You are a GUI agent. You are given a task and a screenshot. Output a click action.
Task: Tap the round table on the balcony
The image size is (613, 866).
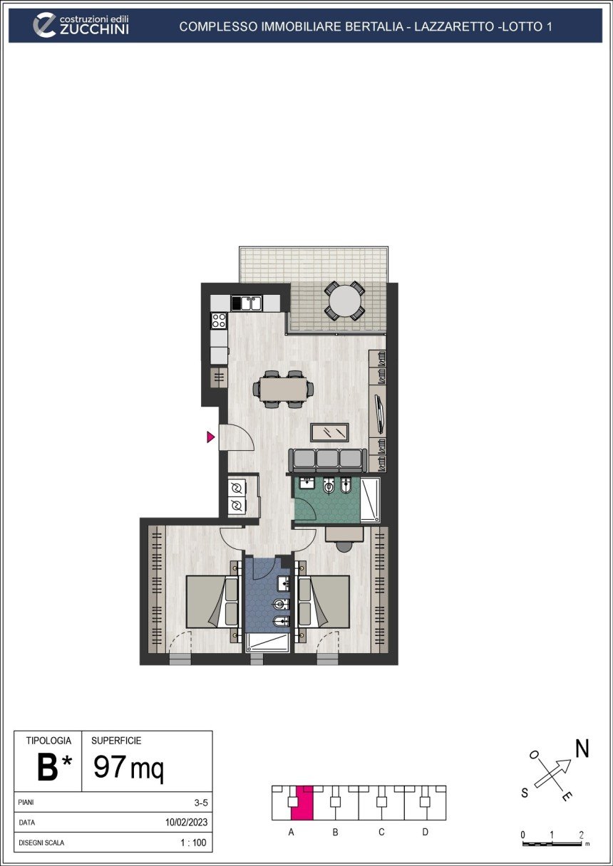[x=345, y=301]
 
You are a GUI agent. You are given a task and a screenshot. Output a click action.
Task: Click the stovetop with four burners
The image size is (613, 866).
[x=219, y=320]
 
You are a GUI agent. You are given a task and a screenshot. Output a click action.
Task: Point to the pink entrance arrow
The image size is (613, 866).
[x=210, y=437]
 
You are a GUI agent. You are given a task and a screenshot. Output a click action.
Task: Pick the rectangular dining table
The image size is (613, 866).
[x=284, y=389]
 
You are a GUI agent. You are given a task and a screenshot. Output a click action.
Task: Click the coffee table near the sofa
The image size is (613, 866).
[x=330, y=432]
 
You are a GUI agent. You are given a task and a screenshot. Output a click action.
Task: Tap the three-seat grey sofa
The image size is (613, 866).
[x=328, y=459]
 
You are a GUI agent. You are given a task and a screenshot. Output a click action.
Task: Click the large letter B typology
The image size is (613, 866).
[x=48, y=768]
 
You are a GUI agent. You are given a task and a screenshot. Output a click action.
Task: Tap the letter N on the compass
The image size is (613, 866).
[x=582, y=748]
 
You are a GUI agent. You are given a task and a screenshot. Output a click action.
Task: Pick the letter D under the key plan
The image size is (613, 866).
[x=425, y=832]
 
